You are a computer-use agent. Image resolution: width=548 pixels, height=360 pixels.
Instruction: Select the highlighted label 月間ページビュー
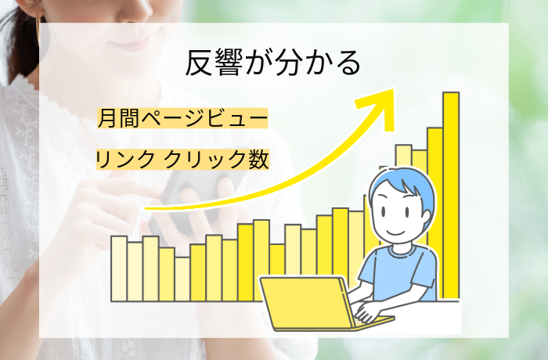point(182,120)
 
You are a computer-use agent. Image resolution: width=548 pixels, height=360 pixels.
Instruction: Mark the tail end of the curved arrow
point(149,209)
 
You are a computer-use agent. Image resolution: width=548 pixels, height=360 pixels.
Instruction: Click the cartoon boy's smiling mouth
point(395,232)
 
